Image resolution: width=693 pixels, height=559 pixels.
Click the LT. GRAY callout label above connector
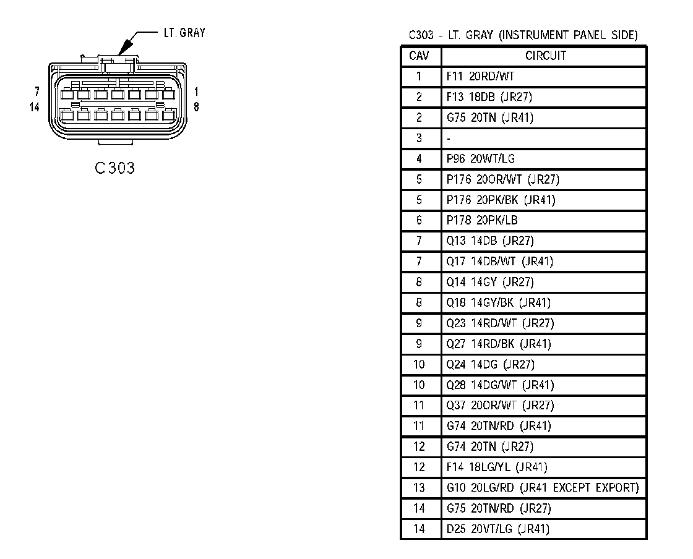coord(184,33)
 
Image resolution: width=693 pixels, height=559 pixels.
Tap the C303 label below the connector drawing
coord(116,168)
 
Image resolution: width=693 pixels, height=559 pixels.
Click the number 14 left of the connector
coord(35,107)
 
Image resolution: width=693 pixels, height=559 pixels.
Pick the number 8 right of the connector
coord(196,107)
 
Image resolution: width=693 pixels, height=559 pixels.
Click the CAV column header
coord(420,56)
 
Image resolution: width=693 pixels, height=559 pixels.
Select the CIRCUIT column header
coord(545,56)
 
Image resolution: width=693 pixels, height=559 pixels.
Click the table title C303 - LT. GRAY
coord(523,35)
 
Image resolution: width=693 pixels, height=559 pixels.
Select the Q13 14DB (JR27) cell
coord(489,241)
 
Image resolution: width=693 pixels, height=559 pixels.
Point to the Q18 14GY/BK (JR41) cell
coord(498,302)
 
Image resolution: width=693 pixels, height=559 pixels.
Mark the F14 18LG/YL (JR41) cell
coord(496,467)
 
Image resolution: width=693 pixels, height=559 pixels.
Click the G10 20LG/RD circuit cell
coord(542,488)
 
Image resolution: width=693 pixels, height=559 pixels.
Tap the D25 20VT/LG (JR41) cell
coord(497,529)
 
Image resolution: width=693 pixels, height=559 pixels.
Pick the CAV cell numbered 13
coord(420,488)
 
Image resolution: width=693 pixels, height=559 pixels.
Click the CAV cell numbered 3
coord(420,139)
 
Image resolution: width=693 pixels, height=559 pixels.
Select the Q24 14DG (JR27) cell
coord(490,364)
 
